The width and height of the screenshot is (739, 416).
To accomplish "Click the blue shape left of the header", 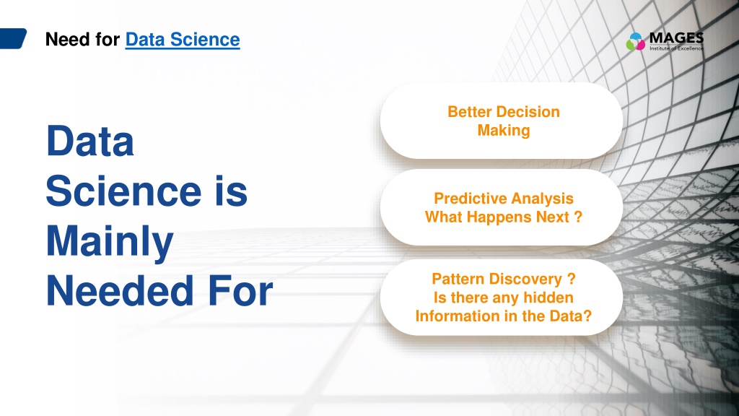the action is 13,39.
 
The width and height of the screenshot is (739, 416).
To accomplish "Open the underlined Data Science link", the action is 183,40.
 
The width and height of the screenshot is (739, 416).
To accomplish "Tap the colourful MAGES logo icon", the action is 635,41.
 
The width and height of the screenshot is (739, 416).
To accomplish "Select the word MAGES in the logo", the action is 676,38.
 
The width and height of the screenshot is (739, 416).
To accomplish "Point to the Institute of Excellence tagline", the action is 676,48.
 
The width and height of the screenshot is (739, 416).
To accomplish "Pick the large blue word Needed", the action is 120,291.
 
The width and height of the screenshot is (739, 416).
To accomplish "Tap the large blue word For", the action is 240,291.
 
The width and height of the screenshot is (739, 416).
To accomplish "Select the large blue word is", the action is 232,191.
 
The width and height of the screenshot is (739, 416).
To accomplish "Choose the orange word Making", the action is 504,131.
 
